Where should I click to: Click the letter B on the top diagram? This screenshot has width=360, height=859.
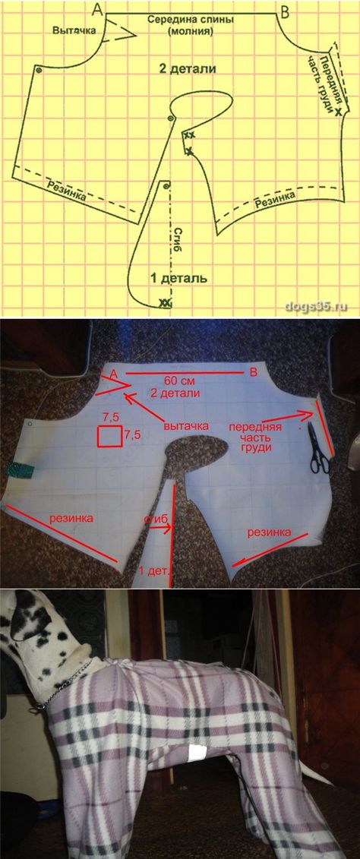tap(286, 10)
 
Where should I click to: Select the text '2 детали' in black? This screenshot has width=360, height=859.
tap(188, 70)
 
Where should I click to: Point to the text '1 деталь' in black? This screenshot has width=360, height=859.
tap(179, 278)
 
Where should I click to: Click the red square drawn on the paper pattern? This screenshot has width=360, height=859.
tap(109, 436)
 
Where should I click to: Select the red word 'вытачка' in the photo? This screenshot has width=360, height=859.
tap(187, 425)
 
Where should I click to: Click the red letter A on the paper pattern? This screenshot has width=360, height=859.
tap(115, 374)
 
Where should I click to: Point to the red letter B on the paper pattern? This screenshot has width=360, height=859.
tap(254, 373)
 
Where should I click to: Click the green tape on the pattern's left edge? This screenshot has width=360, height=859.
tap(19, 469)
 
